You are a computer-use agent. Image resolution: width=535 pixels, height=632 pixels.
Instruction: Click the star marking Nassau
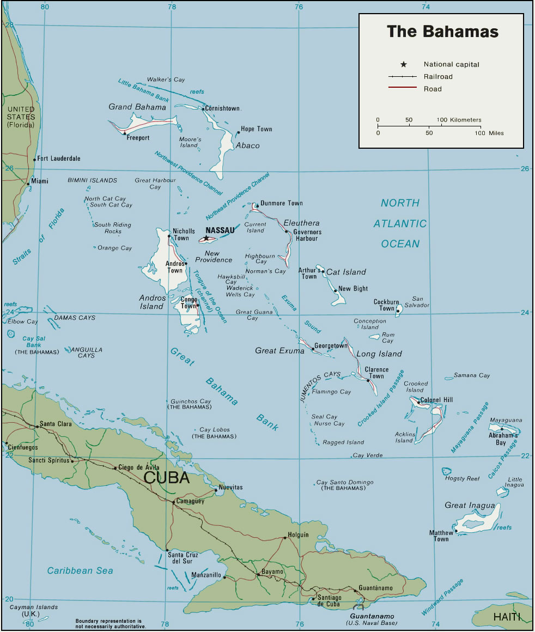pos(206,238)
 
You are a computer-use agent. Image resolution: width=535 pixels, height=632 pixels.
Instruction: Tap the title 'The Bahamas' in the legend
pos(442,32)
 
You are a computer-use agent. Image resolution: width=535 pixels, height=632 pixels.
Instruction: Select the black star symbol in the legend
pos(403,64)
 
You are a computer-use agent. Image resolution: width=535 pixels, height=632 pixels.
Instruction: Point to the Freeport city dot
pos(125,133)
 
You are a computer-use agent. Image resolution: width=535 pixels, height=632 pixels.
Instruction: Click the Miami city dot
pos(28,184)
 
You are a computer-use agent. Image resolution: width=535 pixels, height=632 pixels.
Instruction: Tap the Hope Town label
pos(256,129)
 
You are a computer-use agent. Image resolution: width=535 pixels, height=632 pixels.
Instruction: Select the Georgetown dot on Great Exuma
pos(313,349)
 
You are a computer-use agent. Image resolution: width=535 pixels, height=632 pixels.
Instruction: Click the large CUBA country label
pos(166,478)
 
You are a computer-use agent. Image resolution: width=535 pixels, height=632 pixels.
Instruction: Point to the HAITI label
pos(507,617)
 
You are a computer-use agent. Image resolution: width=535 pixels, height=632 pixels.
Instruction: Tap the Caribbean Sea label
pos(80,571)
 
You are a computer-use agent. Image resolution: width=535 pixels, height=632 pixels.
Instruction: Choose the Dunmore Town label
pos(281,203)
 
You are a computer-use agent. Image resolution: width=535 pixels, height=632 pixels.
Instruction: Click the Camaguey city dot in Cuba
pos(174,502)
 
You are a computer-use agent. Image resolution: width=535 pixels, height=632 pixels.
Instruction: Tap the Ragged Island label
pos(343,442)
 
